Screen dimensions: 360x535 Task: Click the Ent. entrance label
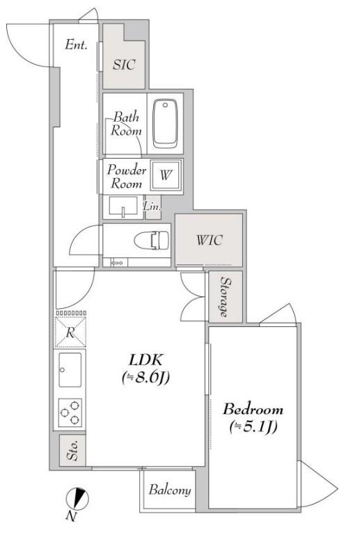[76, 45]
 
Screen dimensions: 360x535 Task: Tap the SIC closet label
[124, 65]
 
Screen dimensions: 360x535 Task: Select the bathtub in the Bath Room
[165, 124]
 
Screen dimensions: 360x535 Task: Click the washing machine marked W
[166, 175]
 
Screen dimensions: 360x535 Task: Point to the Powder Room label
[126, 177]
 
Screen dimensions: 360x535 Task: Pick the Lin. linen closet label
[152, 206]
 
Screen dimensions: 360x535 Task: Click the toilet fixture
[151, 240]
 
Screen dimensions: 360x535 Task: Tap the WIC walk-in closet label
[209, 240]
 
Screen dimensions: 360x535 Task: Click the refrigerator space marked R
[70, 332]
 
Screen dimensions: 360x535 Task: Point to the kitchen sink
[70, 370]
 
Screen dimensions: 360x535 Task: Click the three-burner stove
[70, 413]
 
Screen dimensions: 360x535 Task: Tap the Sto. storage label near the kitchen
[72, 450]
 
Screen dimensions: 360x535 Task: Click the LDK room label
[145, 359]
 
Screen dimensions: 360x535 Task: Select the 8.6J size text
[146, 377]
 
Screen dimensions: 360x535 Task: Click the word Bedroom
[253, 409]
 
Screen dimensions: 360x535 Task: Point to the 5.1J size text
[253, 427]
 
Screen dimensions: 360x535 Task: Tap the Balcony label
[169, 490]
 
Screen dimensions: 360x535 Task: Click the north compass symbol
[77, 499]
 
